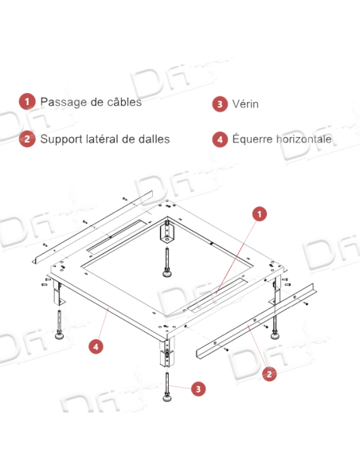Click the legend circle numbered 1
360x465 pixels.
point(26,103)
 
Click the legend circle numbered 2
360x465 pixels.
point(26,139)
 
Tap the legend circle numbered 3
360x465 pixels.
point(219,104)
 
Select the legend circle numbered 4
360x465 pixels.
point(219,139)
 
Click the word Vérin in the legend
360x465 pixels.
point(246,104)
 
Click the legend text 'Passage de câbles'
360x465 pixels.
point(90,103)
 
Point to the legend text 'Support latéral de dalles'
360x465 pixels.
point(104,139)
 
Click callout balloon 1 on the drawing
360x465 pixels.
point(258,214)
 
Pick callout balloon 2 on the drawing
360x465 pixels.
point(269,372)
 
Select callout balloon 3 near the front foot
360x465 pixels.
point(198,389)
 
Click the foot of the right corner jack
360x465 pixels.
point(275,333)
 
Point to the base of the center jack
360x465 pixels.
point(168,275)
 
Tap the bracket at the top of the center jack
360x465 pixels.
point(167,232)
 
